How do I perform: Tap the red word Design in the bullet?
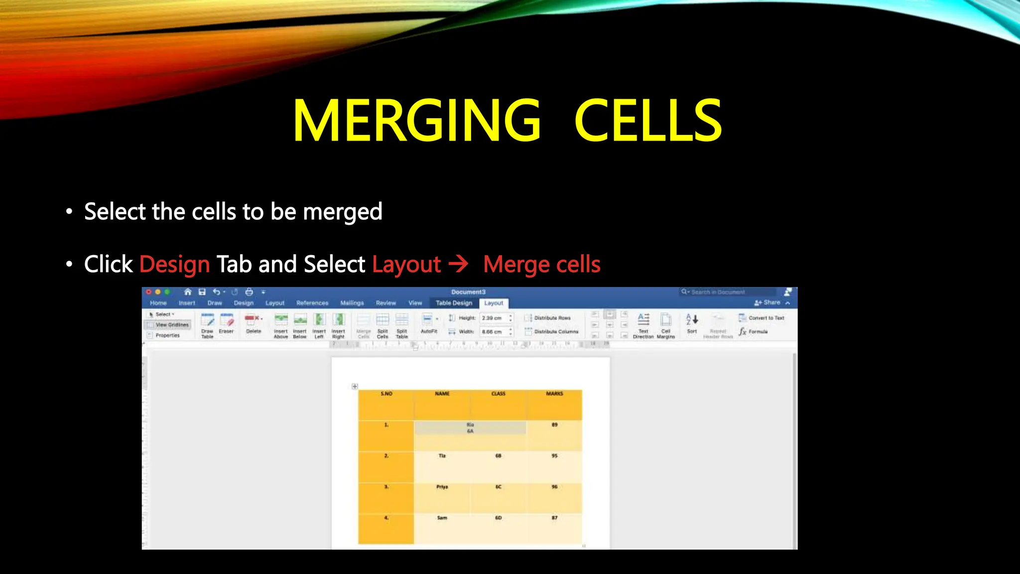[174, 264]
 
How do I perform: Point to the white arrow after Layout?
[458, 263]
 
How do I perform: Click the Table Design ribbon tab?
[454, 303]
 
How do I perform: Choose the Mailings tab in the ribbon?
[352, 303]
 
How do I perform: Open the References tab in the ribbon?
[312, 303]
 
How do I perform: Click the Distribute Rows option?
[552, 318]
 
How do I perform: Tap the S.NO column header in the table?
[386, 394]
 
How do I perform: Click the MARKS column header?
[554, 394]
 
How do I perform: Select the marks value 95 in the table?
[554, 456]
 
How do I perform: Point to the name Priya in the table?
[442, 487]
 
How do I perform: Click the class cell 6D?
[498, 518]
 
